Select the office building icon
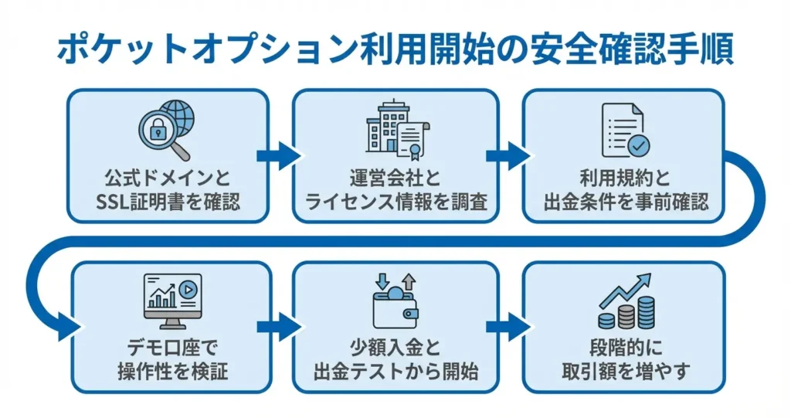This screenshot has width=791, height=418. [x=384, y=127]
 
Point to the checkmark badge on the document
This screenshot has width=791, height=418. [x=638, y=144]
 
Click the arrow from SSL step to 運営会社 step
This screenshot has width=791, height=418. [x=277, y=155]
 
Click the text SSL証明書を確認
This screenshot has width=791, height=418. [x=168, y=202]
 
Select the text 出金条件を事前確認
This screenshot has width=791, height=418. [x=625, y=202]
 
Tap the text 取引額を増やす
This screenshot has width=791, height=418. [x=625, y=372]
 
